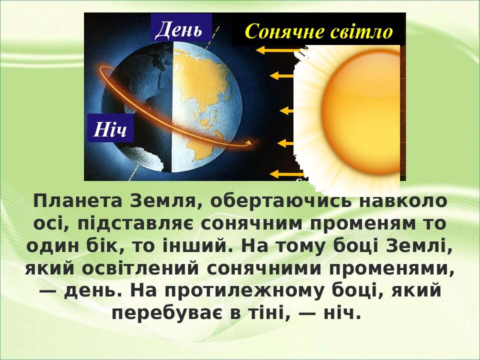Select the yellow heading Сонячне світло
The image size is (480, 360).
(x=318, y=31)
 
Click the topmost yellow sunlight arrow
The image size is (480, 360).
(x=277, y=50)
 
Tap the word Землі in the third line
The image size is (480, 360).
(x=426, y=246)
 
